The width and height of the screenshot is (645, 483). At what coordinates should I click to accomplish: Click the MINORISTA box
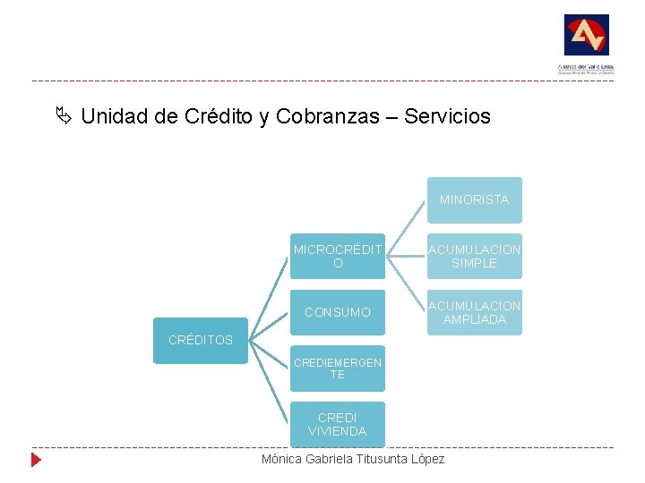click(474, 199)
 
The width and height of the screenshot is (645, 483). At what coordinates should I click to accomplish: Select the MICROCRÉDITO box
click(338, 257)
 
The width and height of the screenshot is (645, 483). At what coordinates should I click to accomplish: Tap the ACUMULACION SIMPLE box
click(474, 257)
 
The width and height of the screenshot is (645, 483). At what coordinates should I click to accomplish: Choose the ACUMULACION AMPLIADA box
click(474, 312)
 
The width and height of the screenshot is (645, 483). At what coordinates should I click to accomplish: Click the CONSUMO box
click(338, 312)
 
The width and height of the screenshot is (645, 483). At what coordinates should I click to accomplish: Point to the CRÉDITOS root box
click(201, 340)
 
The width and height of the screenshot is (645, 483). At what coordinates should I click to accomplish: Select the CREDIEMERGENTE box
click(338, 369)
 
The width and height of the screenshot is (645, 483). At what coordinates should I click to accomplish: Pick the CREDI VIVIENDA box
click(338, 424)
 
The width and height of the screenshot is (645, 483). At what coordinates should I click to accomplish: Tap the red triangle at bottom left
click(36, 461)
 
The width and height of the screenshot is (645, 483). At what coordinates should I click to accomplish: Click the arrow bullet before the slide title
click(62, 116)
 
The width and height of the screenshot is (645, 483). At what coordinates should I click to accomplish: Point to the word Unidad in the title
click(110, 116)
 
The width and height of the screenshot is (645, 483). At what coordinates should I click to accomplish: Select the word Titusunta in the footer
click(378, 459)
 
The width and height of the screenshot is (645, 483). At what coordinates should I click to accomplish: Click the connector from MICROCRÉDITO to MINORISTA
click(406, 228)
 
